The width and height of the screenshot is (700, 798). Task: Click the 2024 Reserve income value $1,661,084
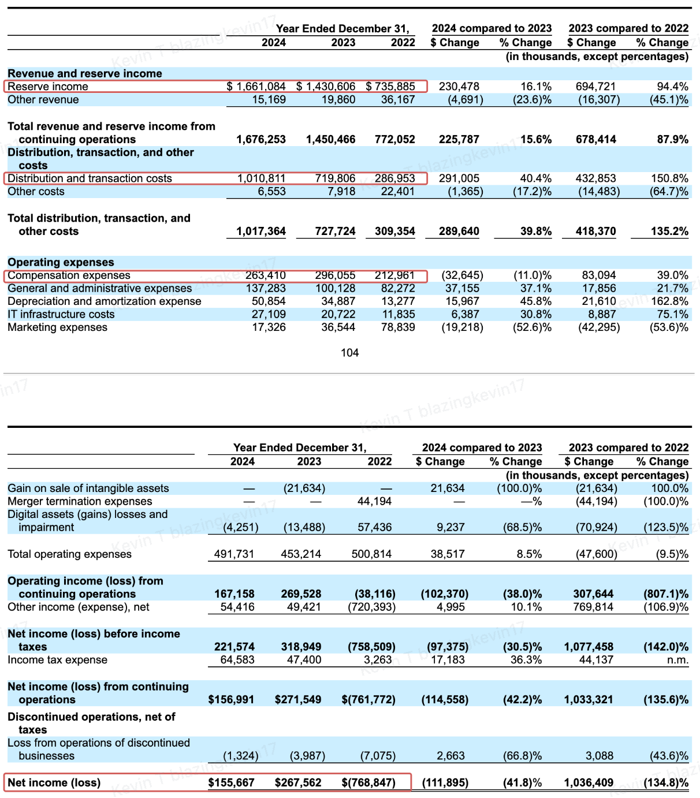tap(256, 87)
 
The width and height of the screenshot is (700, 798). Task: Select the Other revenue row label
tap(43, 100)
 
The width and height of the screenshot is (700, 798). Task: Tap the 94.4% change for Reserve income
tap(673, 87)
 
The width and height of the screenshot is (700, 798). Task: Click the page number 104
tap(349, 353)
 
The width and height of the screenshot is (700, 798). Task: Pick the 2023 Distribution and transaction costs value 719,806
tap(335, 178)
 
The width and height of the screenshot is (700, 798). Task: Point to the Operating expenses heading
tap(61, 262)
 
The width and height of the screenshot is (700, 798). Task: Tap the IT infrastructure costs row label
tap(61, 314)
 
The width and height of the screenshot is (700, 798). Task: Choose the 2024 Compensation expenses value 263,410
tap(266, 275)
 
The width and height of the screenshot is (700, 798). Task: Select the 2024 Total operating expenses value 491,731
tap(234, 554)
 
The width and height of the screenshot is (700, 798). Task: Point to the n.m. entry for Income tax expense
tap(677, 660)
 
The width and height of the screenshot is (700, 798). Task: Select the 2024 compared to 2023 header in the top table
tap(492, 28)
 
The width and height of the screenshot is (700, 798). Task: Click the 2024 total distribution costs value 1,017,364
tap(261, 232)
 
